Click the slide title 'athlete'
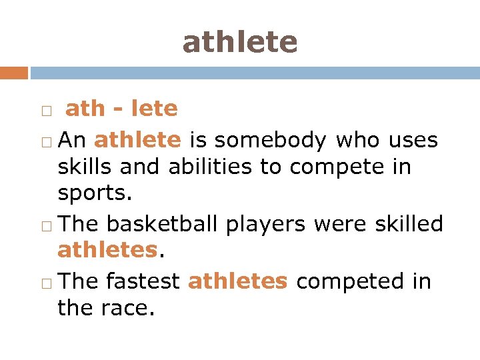click(240, 42)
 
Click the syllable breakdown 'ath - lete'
click(121, 108)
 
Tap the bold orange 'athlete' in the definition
click(137, 140)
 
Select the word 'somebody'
click(270, 141)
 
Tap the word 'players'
click(265, 225)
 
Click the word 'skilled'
click(411, 224)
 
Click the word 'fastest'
click(143, 281)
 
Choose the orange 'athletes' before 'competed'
click(237, 281)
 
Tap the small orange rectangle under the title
click(13, 73)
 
